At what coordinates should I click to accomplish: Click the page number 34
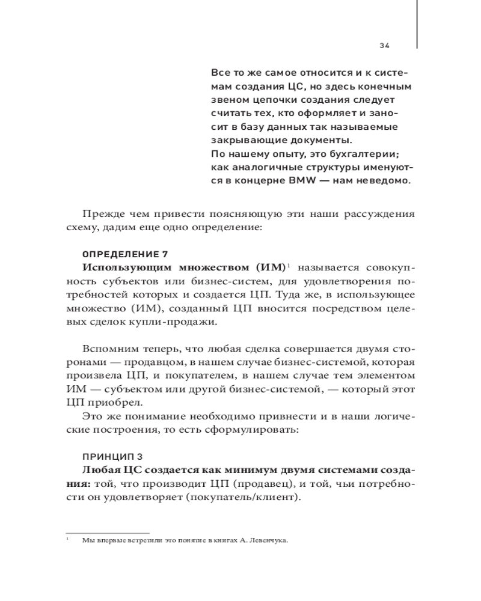[x=385, y=45]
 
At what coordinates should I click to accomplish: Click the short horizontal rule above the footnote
[x=108, y=532]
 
